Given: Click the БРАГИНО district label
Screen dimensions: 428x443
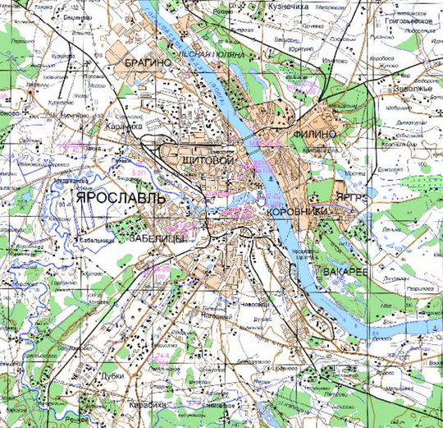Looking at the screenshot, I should point(148,62).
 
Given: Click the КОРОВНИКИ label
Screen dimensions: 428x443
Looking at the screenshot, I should point(297,213).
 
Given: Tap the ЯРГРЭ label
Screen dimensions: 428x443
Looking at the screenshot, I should point(353,198).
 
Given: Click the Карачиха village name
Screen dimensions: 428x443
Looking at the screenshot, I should point(123,128).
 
